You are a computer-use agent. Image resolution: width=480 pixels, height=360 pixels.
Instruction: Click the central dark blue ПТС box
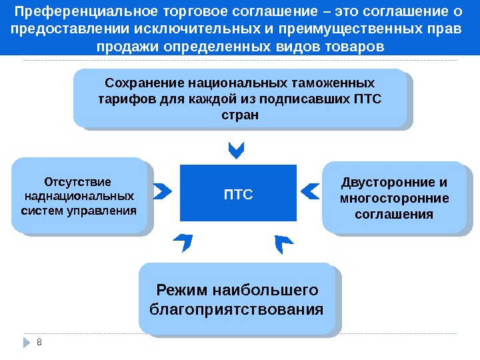click(238, 193)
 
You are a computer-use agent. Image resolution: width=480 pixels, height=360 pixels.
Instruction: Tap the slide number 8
click(39, 342)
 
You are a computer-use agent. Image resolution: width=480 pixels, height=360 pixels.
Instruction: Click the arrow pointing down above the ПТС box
click(237, 150)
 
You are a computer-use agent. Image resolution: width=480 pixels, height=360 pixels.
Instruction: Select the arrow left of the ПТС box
click(161, 192)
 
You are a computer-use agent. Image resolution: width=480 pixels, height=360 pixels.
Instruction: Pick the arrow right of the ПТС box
click(309, 192)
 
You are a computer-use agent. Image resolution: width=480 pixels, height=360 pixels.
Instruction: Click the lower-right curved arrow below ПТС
click(284, 243)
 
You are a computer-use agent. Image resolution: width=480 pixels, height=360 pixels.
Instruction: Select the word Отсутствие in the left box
click(78, 181)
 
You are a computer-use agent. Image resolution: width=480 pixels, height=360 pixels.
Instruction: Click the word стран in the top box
click(239, 115)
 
